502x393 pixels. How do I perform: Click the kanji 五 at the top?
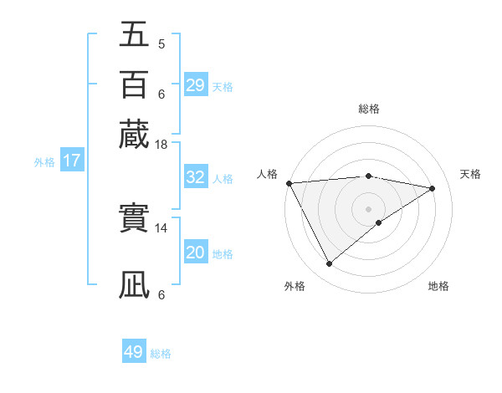pyautogui.click(x=134, y=34)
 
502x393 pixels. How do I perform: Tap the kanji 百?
pyautogui.click(x=134, y=84)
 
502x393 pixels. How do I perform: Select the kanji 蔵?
pyautogui.click(x=134, y=135)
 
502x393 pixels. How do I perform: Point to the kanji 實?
pyautogui.click(x=134, y=219)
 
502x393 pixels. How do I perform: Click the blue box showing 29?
pyautogui.click(x=195, y=85)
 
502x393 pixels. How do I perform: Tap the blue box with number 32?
pyautogui.click(x=195, y=177)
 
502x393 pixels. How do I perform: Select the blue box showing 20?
pyautogui.click(x=195, y=253)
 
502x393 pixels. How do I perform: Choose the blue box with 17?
pyautogui.click(x=72, y=161)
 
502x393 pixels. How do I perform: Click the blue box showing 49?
pyautogui.click(x=134, y=352)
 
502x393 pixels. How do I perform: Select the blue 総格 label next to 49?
pyautogui.click(x=161, y=354)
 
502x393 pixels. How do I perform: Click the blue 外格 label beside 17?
pyautogui.click(x=44, y=162)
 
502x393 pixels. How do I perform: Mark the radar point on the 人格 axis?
pyautogui.click(x=289, y=183)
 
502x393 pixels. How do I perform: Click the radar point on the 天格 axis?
pyautogui.click(x=433, y=188)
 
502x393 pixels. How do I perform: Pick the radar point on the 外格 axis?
pyautogui.click(x=329, y=264)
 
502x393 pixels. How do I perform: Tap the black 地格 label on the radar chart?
pyautogui.click(x=438, y=287)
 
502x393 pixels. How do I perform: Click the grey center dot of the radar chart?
pyautogui.click(x=368, y=208)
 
